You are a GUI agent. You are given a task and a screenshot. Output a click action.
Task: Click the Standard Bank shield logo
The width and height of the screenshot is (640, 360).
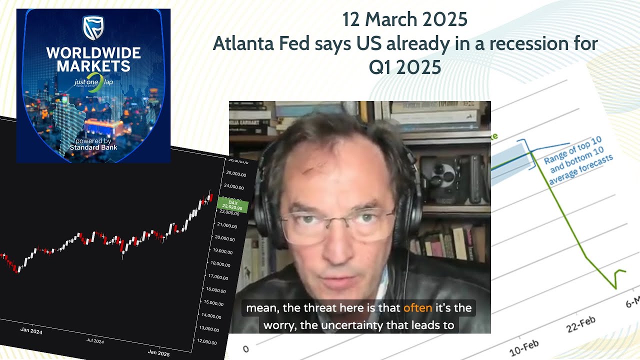93,28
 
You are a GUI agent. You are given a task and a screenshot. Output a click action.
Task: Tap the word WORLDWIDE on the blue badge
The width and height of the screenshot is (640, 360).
93,53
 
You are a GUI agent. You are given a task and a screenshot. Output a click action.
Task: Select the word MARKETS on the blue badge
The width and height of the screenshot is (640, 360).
93,65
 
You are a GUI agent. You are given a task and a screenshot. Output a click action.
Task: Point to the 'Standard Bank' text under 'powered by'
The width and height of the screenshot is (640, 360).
93,147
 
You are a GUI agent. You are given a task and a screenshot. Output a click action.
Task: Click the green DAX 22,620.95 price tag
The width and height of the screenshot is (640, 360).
232,205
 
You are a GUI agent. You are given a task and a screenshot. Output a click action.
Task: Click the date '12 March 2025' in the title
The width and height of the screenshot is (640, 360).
405,20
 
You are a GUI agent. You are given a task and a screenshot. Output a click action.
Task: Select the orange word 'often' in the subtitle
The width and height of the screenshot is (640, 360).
417,308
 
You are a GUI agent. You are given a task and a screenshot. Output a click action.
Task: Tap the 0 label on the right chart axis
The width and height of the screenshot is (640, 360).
245,348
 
